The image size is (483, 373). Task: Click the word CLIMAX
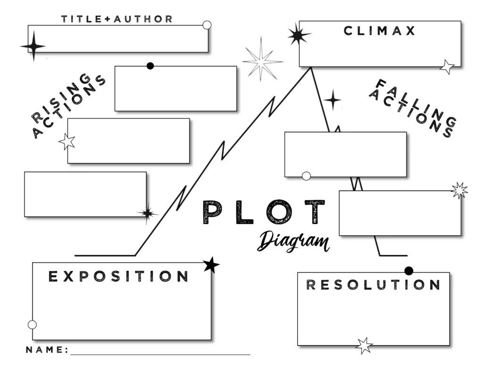380,31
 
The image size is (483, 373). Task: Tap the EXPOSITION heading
118,276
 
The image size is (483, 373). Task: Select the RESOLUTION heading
373,285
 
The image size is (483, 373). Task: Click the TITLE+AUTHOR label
117,19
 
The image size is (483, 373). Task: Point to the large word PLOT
264,212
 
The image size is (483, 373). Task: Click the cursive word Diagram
293,241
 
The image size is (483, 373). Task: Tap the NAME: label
47,350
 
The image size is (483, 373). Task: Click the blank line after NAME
160,353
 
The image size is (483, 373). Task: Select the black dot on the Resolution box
408,271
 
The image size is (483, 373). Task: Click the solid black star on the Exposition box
211,265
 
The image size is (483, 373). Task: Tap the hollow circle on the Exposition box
32,324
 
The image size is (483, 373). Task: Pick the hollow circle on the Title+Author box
207,25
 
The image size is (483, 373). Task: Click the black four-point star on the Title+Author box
33,46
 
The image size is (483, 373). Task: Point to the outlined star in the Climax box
447,66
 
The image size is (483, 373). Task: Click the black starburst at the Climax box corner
298,34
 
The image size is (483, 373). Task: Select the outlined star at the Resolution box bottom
364,345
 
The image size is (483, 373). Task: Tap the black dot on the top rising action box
150,66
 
